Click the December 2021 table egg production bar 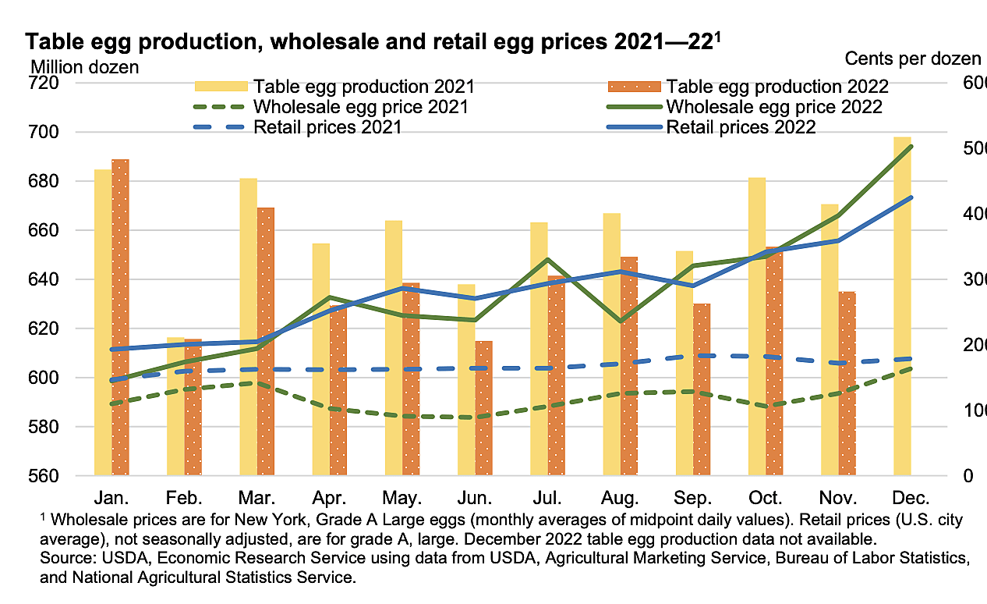point(902,312)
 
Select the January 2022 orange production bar point(120,317)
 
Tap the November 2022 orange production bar point(847,383)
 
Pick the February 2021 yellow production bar point(175,406)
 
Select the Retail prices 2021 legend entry point(327,126)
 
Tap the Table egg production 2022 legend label point(777,86)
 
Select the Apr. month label point(330,498)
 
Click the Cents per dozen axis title point(913,58)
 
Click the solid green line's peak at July point(548,259)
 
